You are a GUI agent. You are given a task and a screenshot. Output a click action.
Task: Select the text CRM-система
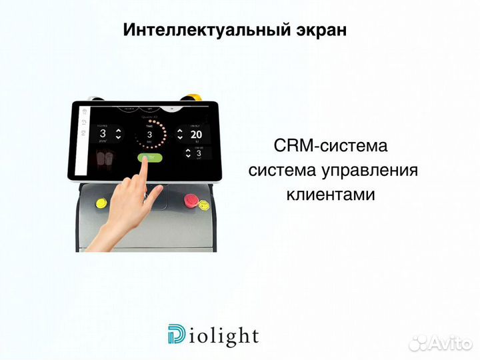tap(330, 145)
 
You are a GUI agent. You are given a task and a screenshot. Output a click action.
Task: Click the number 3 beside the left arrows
tap(102, 133)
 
